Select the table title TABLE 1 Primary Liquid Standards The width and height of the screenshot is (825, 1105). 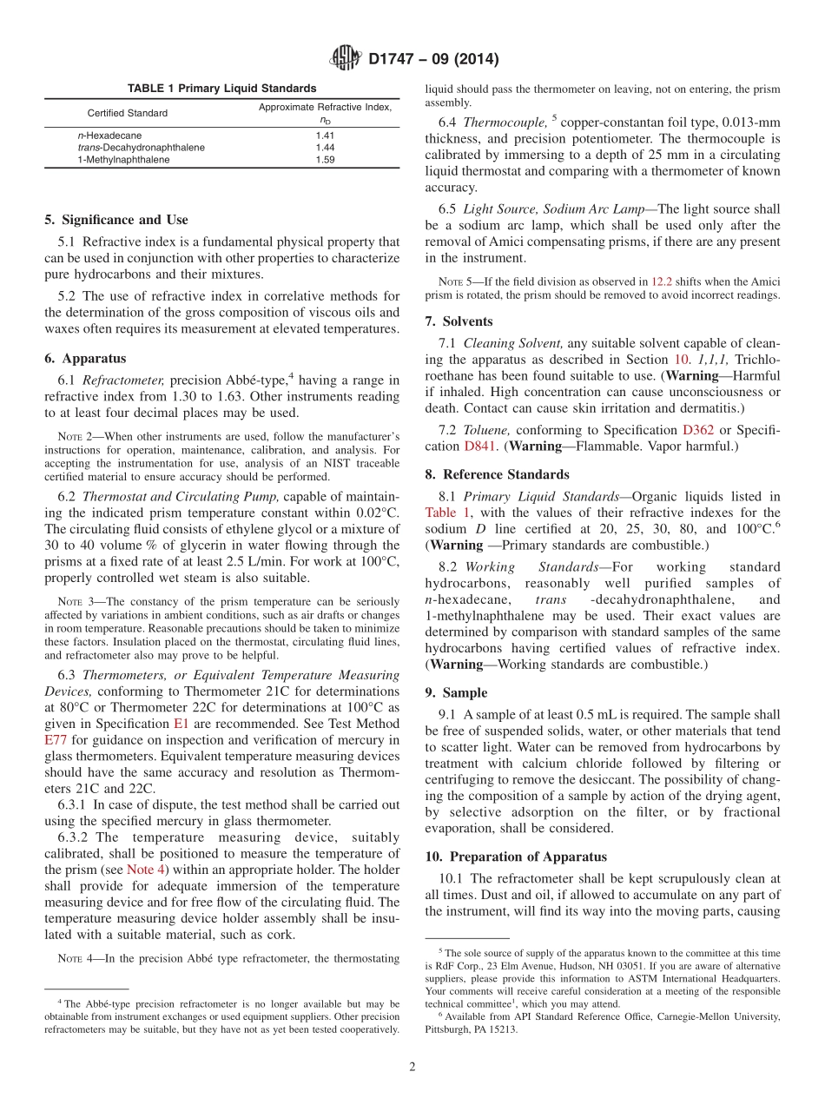221,89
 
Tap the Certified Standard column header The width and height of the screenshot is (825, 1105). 128,113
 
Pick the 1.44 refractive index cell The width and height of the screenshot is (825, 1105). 325,148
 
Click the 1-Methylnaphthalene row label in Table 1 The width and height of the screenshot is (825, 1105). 124,160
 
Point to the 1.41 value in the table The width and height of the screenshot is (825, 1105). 325,136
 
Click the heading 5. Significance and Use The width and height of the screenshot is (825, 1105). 115,220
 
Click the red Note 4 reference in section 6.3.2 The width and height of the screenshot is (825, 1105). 145,870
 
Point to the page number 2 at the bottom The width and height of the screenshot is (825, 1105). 412,1067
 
